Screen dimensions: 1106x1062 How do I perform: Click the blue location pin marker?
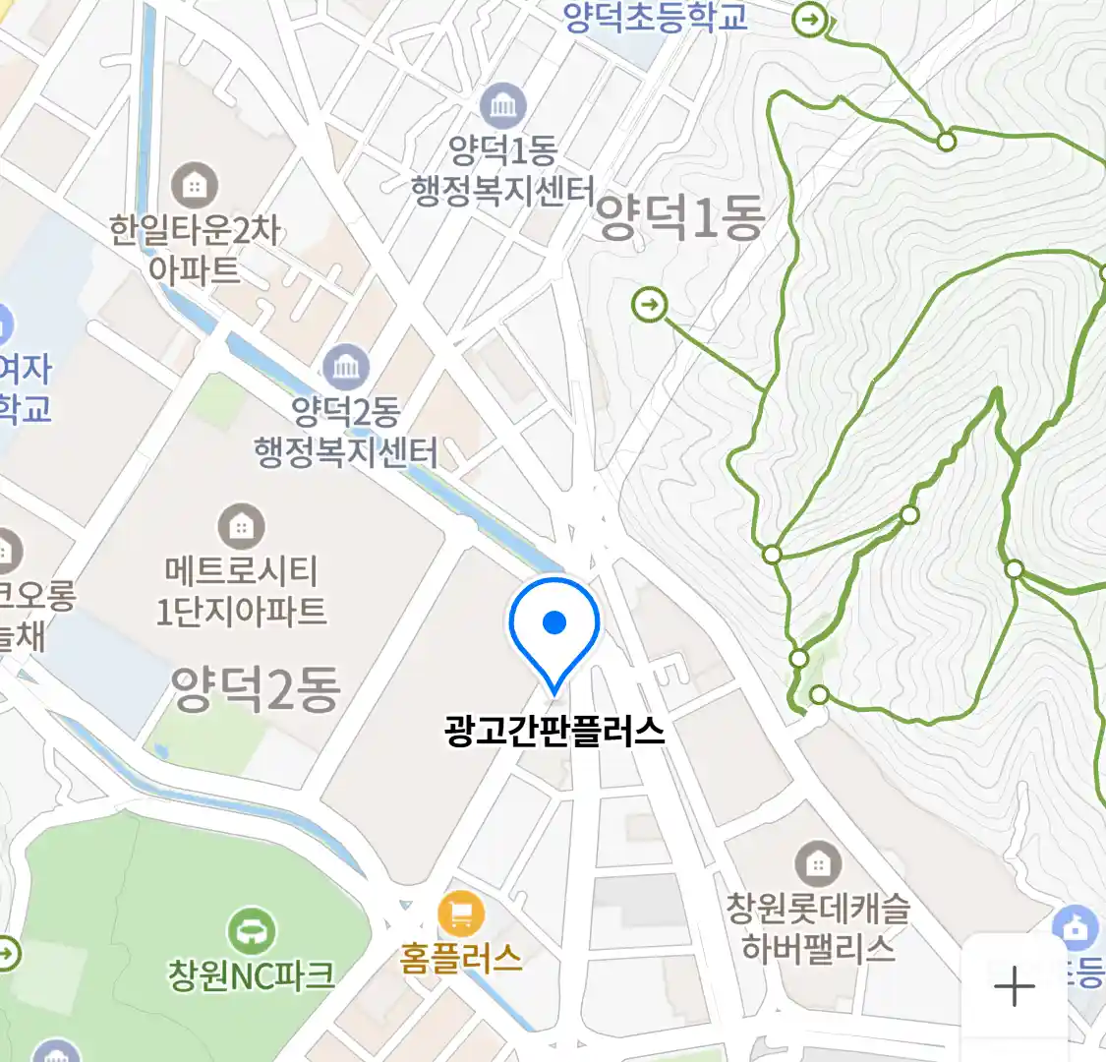click(x=554, y=625)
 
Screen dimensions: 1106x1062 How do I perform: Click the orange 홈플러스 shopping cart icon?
click(x=460, y=914)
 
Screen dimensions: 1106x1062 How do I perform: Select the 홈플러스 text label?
click(x=460, y=958)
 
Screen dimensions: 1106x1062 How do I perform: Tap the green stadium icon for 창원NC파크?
click(x=252, y=930)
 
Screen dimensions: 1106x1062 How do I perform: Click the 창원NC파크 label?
click(x=252, y=975)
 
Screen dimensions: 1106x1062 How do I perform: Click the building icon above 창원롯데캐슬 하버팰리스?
click(x=818, y=864)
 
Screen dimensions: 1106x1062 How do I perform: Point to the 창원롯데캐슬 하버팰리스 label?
click(x=818, y=928)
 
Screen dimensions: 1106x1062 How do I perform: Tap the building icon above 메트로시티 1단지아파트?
click(x=241, y=527)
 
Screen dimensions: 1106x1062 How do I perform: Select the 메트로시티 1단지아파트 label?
click(x=241, y=591)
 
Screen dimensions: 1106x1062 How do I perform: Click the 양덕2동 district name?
click(x=256, y=688)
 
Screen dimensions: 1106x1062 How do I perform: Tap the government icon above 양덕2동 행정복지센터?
click(x=345, y=368)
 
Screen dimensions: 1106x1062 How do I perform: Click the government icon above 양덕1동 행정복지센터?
click(x=503, y=106)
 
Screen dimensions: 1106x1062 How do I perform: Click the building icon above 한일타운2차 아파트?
click(x=195, y=185)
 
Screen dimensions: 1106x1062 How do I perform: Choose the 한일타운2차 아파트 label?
click(x=195, y=250)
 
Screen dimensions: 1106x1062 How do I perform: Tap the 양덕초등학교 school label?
click(x=656, y=17)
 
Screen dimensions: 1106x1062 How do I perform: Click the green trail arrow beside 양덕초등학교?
click(x=810, y=19)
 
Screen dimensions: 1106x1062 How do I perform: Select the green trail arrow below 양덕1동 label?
click(x=649, y=305)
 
